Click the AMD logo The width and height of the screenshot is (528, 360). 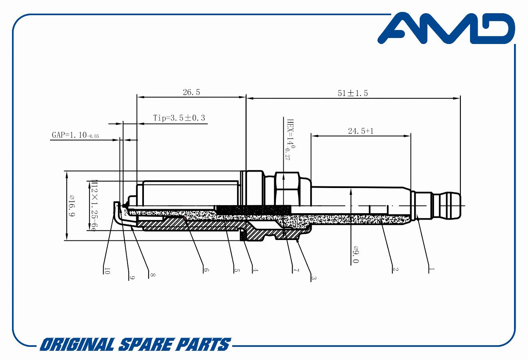click(x=446, y=28)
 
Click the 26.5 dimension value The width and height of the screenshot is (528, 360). click(x=191, y=92)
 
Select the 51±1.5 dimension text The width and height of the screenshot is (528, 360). click(x=353, y=93)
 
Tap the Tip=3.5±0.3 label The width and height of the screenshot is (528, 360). click(x=179, y=118)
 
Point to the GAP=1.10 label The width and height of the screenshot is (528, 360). click(x=76, y=135)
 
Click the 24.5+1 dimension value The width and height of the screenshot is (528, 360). click(x=361, y=131)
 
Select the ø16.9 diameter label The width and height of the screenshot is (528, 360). click(x=72, y=206)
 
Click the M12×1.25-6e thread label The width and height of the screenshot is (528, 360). click(x=94, y=206)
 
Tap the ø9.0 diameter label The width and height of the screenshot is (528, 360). click(x=356, y=254)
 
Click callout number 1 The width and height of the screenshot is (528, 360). click(x=431, y=269)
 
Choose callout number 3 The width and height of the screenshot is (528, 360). click(x=313, y=278)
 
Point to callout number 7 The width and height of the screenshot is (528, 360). click(x=296, y=270)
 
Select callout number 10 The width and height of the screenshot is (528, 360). click(x=107, y=271)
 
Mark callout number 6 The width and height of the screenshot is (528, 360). click(x=206, y=270)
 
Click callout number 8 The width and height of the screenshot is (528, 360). click(x=152, y=275)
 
